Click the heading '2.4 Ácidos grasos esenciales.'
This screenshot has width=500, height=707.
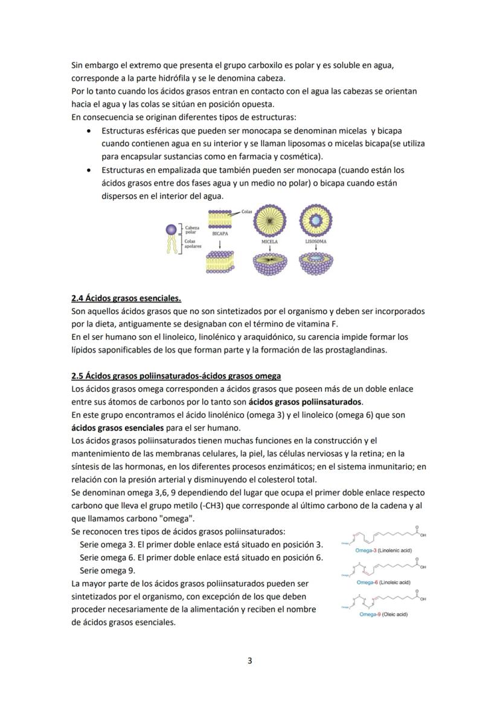pyautogui.click(x=126, y=298)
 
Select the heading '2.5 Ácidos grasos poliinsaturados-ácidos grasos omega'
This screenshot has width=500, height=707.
pyautogui.click(x=176, y=376)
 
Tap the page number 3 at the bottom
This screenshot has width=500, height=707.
pyautogui.click(x=250, y=661)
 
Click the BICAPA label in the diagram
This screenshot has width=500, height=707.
pyautogui.click(x=220, y=232)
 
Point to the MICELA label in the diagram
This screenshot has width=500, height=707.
pyautogui.click(x=269, y=241)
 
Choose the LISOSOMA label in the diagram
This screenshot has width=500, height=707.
pyautogui.click(x=316, y=241)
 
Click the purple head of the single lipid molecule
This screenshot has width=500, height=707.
pyautogui.click(x=171, y=229)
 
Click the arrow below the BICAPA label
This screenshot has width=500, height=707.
pyautogui.click(x=220, y=243)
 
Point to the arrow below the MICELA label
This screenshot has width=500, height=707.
pyautogui.click(x=269, y=248)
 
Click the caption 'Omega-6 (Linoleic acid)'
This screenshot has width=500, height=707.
pyautogui.click(x=383, y=582)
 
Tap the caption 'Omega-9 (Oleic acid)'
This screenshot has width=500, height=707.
pyautogui.click(x=383, y=614)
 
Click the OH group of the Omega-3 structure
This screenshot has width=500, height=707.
pyautogui.click(x=421, y=535)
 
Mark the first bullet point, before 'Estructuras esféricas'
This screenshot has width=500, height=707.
pyautogui.click(x=90, y=131)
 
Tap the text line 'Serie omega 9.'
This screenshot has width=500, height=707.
pyautogui.click(x=107, y=571)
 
